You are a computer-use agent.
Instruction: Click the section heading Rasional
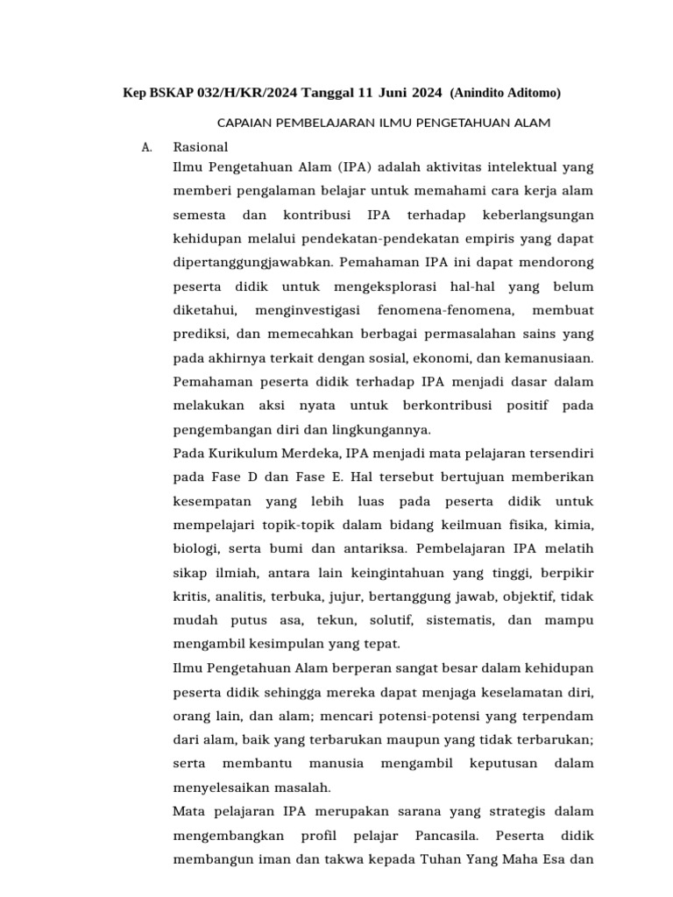point(201,147)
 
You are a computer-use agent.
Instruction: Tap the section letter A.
point(146,147)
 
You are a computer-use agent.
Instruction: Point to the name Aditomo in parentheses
point(528,93)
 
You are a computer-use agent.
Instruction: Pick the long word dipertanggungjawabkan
point(253,262)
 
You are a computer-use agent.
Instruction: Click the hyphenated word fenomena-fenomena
point(432,310)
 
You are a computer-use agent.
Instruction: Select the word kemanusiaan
point(555,357)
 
